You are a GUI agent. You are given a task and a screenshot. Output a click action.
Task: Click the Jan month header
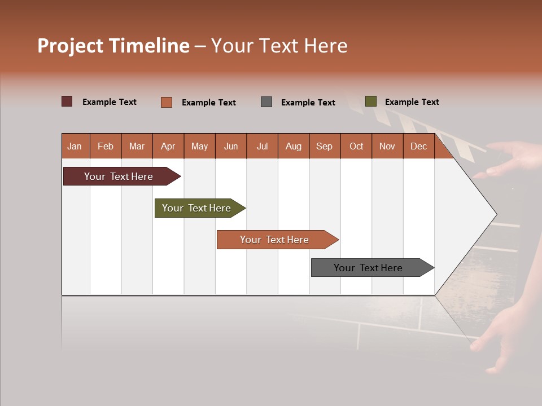pos(75,146)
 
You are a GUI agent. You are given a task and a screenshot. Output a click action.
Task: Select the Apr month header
pos(168,146)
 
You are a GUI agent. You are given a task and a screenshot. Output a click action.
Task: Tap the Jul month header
pos(262,146)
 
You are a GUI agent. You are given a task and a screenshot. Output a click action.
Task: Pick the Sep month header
pos(324,146)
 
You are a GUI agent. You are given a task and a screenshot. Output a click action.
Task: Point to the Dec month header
pos(418,146)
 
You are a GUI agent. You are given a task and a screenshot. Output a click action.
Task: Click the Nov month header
pos(387,146)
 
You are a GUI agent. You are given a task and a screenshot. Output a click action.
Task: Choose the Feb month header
pos(106,146)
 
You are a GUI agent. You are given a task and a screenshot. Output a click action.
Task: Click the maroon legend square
pos(67,101)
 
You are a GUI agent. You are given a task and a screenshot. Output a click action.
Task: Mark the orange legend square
pos(167,102)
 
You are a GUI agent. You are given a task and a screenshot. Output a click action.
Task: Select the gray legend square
pos(266,102)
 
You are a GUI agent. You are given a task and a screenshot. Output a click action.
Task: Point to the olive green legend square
pos(371,101)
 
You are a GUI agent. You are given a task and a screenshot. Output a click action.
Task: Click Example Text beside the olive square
pos(412,102)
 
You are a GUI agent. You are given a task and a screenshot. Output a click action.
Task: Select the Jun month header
pos(230,146)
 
